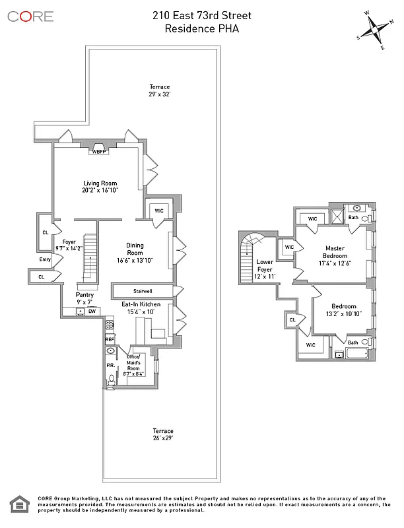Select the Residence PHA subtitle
tap(201, 28)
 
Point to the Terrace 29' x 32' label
tap(159, 91)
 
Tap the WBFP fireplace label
tap(99, 151)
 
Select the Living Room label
tap(100, 187)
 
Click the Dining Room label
tap(135, 253)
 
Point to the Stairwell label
tap(143, 290)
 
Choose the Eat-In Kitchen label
tap(137, 308)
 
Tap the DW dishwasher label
tap(92, 311)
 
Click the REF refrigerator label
tap(110, 339)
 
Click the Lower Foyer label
tap(264, 265)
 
